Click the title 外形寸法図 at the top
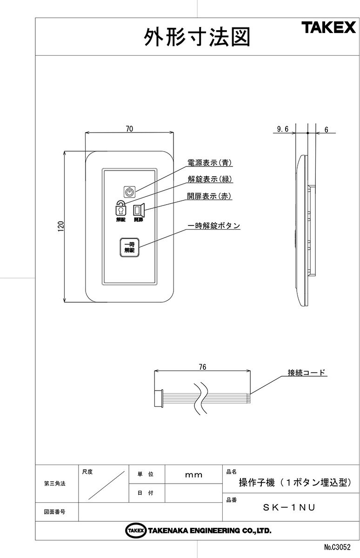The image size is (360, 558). coord(197,37)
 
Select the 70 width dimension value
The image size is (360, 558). coord(129,129)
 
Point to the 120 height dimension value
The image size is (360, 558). coord(60,226)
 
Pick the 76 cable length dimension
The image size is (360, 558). coord(202,367)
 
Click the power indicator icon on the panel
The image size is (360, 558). coord(130,191)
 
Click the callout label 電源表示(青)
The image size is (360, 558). coord(209,163)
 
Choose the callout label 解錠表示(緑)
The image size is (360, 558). coord(209,179)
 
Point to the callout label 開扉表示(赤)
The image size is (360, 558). coord(209,196)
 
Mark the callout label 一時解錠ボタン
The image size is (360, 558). coord(213,226)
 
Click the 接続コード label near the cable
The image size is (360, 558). coord(307,372)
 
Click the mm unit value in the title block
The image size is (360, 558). coord(194,475)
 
